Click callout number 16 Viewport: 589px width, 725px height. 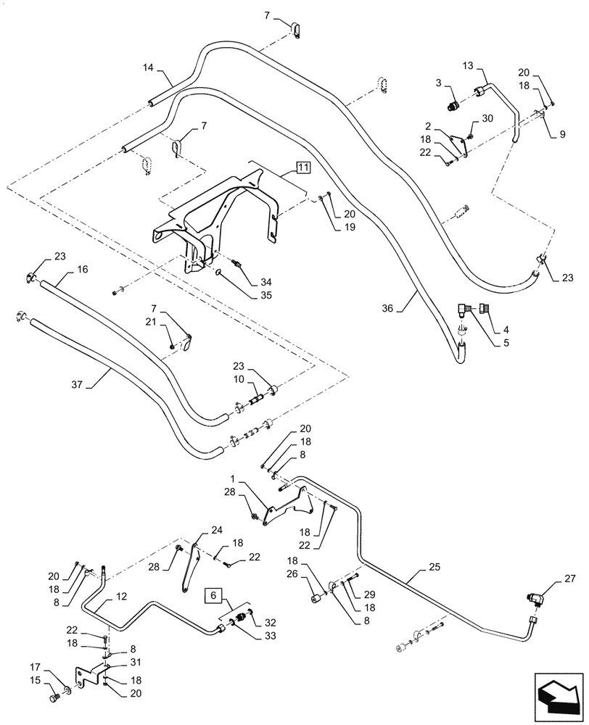[83, 269]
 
